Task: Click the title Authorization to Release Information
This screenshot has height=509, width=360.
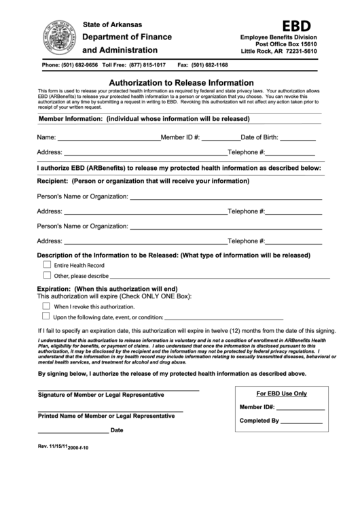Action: (181, 82)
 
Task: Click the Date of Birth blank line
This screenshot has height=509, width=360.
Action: (293, 138)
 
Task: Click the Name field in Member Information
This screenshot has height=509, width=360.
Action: (107, 138)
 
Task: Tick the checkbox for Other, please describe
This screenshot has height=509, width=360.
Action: (47, 275)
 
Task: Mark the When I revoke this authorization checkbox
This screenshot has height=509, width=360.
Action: (46, 306)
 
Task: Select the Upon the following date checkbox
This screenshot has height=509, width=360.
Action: (46, 316)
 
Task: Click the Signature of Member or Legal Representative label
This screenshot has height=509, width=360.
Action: (101, 395)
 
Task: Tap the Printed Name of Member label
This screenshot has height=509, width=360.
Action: (101, 415)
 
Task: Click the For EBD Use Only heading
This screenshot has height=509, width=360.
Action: (281, 393)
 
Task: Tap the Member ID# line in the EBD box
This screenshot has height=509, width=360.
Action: (300, 408)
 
